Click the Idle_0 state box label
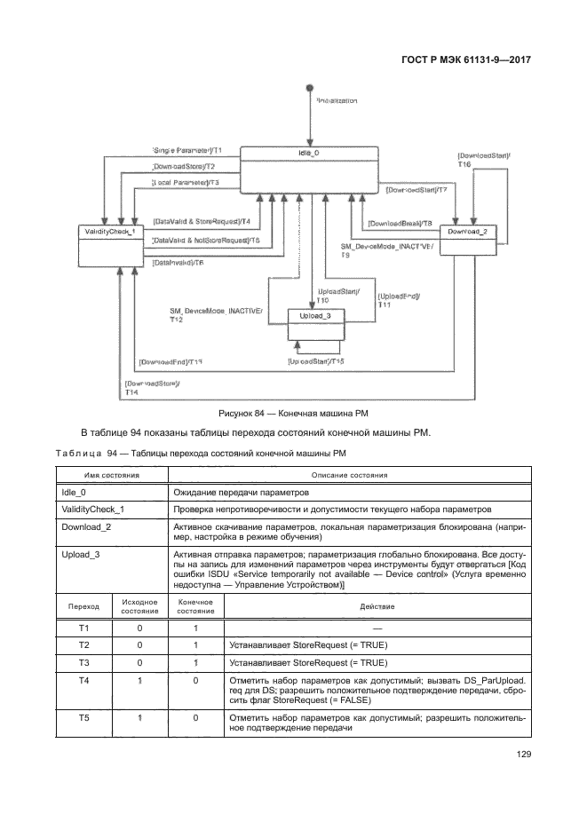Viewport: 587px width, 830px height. pos(310,153)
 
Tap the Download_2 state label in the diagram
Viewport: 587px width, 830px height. pos(467,232)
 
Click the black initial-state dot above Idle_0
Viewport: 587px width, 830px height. pos(310,88)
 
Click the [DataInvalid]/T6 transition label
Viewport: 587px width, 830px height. pos(178,263)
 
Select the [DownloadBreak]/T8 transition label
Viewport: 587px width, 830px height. pos(400,224)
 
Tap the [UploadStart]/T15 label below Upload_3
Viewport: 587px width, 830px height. pos(316,361)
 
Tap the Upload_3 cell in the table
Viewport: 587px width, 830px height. pos(81,554)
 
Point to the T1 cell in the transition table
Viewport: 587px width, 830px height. pos(83,627)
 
